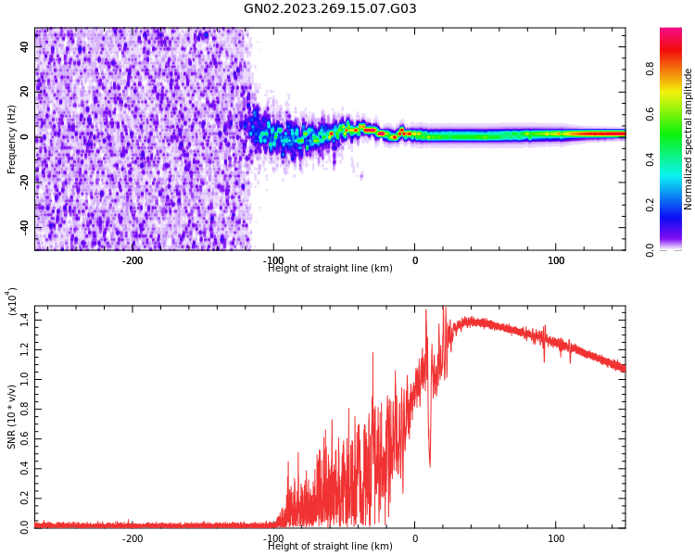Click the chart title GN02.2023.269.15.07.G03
pos(330,9)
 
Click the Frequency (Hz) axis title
pos(12,140)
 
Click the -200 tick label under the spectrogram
pos(133,260)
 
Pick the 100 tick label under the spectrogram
pos(556,260)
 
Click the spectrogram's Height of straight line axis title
pos(330,269)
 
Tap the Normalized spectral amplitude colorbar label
pos(689,139)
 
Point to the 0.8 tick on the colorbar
pos(651,69)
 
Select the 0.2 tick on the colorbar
pos(651,205)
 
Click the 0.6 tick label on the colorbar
pos(651,114)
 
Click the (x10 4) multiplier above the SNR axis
pos(12,302)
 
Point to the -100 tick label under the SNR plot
pos(273,538)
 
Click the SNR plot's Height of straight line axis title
pos(330,547)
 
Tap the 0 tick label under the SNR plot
pos(415,538)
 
